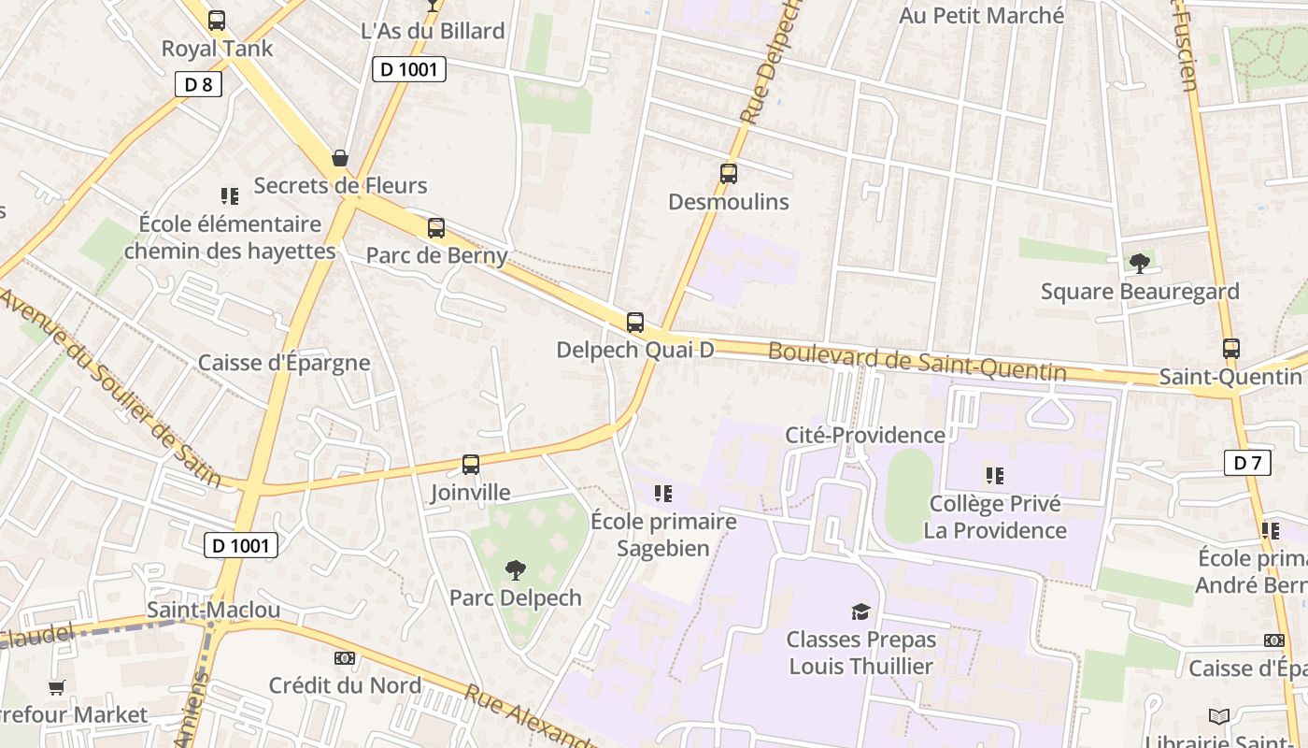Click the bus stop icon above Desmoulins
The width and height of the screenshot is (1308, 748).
(729, 173)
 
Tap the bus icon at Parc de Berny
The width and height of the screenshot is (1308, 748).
(436, 227)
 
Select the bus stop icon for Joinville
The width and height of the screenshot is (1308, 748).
(471, 464)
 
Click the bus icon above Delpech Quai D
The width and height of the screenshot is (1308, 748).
(635, 323)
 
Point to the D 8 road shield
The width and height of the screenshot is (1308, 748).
(198, 84)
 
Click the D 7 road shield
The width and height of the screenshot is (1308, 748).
(1247, 462)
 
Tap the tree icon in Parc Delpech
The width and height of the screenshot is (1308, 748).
(515, 569)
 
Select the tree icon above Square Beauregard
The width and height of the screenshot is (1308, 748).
(1139, 264)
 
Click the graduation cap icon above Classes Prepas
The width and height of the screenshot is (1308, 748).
(860, 611)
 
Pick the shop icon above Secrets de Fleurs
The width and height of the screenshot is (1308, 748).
(340, 158)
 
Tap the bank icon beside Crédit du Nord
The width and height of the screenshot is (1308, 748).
(345, 658)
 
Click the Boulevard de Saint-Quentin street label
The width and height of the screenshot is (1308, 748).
(917, 362)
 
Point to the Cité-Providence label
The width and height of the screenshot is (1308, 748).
(865, 435)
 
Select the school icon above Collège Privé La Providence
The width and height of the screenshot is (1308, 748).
(995, 476)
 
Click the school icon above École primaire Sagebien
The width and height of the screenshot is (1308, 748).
(663, 493)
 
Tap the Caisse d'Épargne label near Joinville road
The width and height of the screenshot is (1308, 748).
(284, 363)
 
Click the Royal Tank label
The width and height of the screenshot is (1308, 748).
(217, 49)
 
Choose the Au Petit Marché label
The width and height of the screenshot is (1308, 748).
(981, 15)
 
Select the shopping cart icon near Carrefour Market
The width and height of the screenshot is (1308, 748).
(57, 687)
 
